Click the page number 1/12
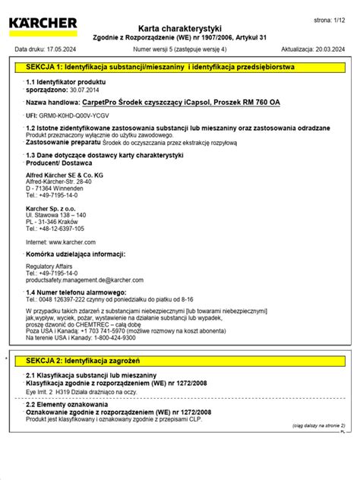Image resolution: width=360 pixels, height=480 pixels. tap(334, 17)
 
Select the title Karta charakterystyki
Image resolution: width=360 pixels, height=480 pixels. tap(180, 27)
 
